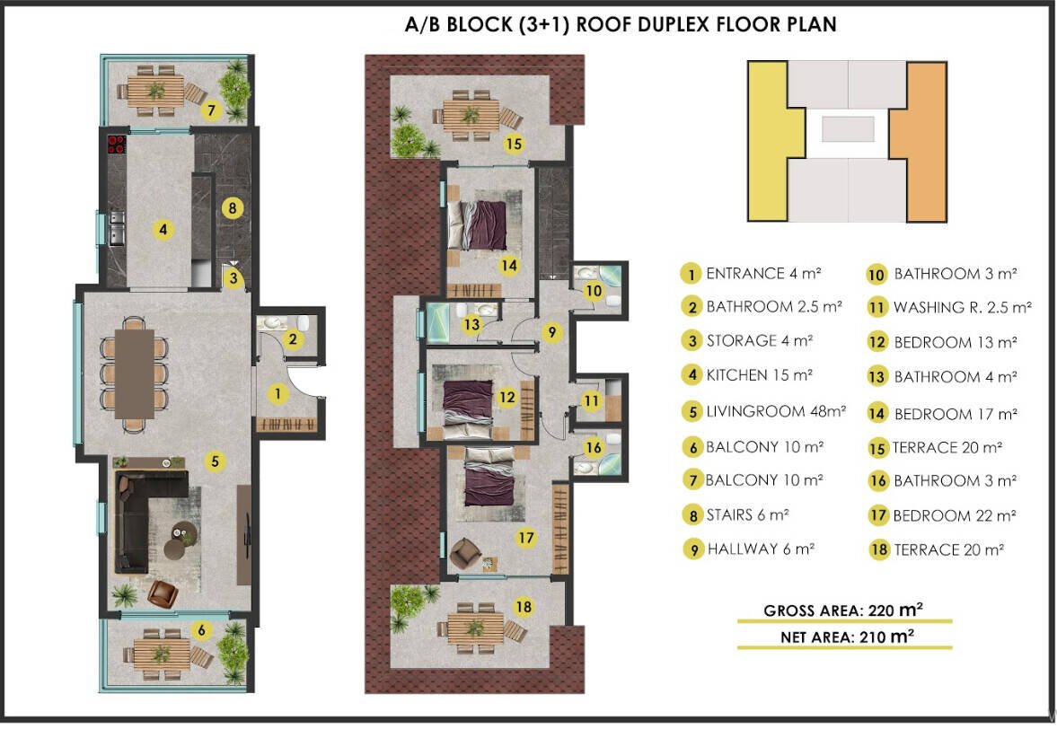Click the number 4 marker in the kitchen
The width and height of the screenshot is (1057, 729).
[163, 230]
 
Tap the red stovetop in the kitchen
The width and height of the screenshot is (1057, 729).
[117, 145]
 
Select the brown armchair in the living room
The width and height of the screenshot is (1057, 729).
[163, 593]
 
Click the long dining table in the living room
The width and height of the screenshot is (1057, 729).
[134, 373]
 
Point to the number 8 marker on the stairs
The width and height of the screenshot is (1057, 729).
[233, 208]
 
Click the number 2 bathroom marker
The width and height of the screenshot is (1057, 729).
[293, 339]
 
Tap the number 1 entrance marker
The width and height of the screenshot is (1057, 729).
[277, 394]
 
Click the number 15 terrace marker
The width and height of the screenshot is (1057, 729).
[514, 144]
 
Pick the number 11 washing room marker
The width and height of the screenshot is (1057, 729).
[591, 401]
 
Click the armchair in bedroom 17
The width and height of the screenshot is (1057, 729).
[464, 553]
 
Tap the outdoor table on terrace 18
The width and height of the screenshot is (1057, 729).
[475, 628]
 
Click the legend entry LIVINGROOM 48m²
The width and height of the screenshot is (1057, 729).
[775, 411]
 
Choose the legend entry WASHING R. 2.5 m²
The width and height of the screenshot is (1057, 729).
[963, 308]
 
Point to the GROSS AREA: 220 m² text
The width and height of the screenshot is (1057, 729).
[842, 610]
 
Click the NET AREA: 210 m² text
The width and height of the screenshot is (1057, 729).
[847, 637]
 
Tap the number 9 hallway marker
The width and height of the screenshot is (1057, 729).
[552, 332]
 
